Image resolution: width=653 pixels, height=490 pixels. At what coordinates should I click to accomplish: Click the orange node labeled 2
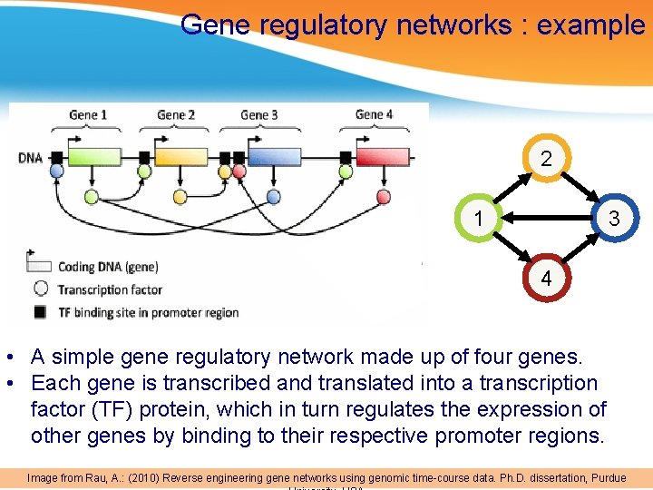click(x=546, y=159)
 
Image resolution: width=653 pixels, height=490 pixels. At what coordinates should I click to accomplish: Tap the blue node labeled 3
click(x=614, y=219)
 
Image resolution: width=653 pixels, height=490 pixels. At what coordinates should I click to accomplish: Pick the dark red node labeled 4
click(x=546, y=279)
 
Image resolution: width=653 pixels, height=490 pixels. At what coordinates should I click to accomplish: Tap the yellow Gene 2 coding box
click(x=180, y=158)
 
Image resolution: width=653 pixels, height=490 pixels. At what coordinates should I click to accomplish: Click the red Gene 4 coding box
click(x=383, y=158)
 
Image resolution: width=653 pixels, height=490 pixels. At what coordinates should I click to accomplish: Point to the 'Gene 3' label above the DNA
click(x=258, y=114)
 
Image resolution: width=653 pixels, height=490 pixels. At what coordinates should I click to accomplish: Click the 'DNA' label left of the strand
click(x=30, y=159)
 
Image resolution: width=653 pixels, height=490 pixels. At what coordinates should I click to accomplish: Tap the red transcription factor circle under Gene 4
click(x=384, y=196)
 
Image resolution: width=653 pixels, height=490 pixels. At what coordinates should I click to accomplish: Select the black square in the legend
click(x=40, y=312)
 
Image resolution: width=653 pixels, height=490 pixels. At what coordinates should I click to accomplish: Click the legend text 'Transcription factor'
click(x=110, y=289)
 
